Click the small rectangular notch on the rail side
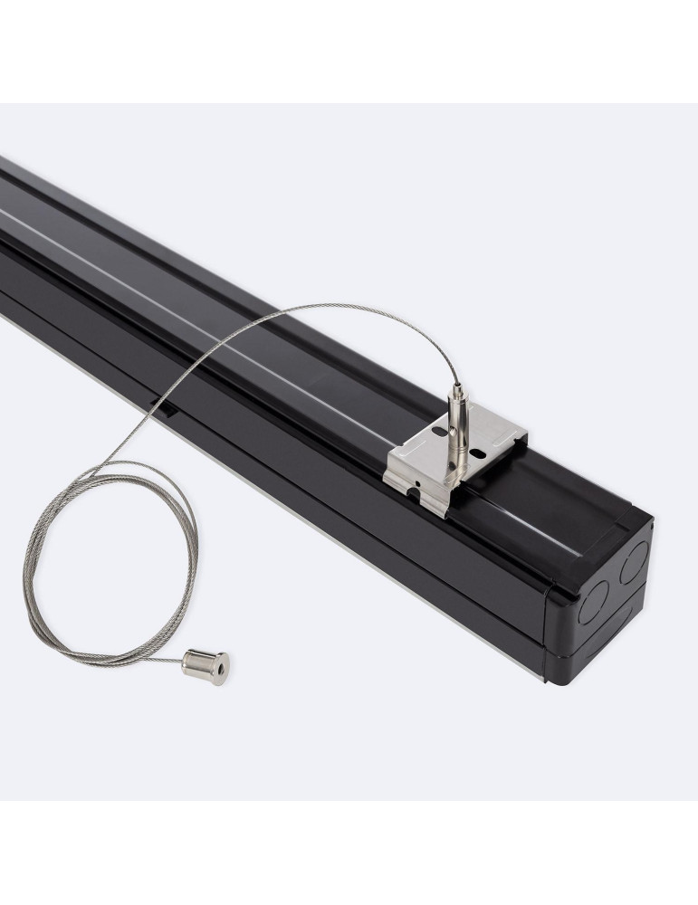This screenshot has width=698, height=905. click(x=169, y=412)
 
